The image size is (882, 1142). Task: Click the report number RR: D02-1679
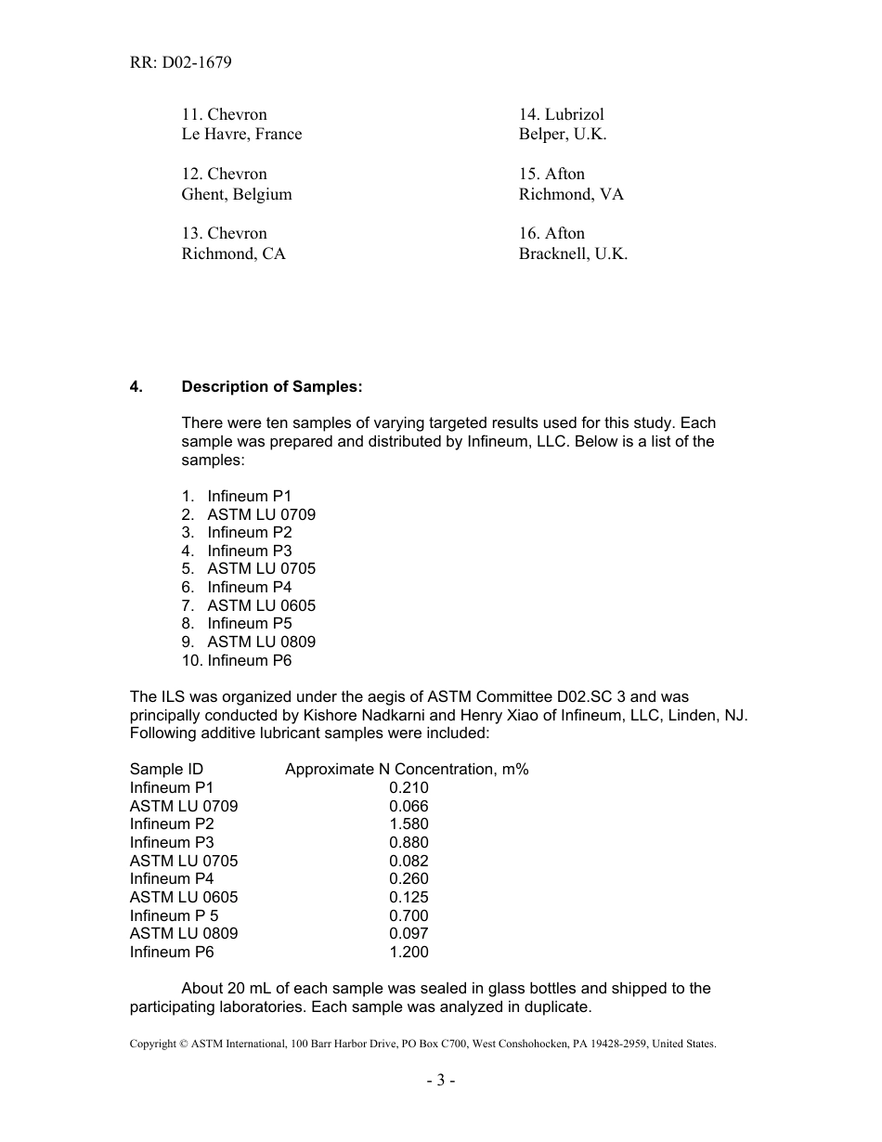(181, 63)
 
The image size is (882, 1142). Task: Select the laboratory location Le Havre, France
(241, 135)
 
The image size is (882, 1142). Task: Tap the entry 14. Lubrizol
(561, 114)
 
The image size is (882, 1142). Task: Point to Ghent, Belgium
(237, 194)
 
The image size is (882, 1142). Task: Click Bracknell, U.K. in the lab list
(573, 253)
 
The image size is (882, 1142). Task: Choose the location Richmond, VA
(571, 194)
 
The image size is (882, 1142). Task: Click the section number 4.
(136, 387)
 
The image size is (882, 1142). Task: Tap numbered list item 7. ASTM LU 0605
(249, 605)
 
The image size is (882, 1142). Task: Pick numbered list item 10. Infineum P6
(237, 661)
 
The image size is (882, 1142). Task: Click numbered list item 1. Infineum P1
(237, 497)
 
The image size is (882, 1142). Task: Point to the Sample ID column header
(166, 770)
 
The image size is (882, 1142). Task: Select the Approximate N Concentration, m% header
(407, 770)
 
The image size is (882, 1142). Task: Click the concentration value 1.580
(409, 824)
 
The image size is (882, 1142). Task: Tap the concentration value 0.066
(409, 806)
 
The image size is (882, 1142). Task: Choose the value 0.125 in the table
(409, 897)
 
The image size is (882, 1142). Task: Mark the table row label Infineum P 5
(175, 915)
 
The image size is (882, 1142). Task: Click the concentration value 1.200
(409, 952)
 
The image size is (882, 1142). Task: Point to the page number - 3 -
(441, 1081)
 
